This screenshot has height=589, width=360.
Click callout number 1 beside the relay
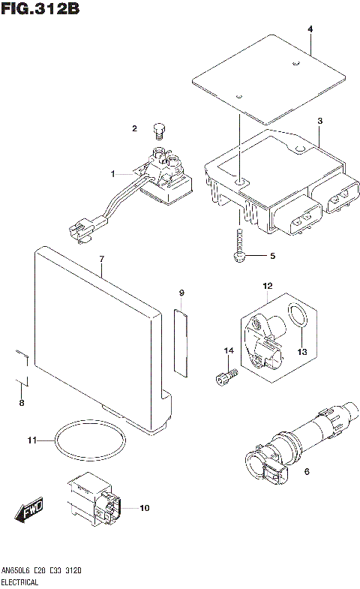click(x=113, y=174)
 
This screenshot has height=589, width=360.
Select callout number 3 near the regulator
click(x=319, y=121)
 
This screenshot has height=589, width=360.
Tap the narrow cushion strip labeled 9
click(x=181, y=341)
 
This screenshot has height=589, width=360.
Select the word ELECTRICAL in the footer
click(x=22, y=582)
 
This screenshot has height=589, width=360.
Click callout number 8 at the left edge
click(x=21, y=404)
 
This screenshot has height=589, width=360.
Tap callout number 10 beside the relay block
click(x=144, y=508)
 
